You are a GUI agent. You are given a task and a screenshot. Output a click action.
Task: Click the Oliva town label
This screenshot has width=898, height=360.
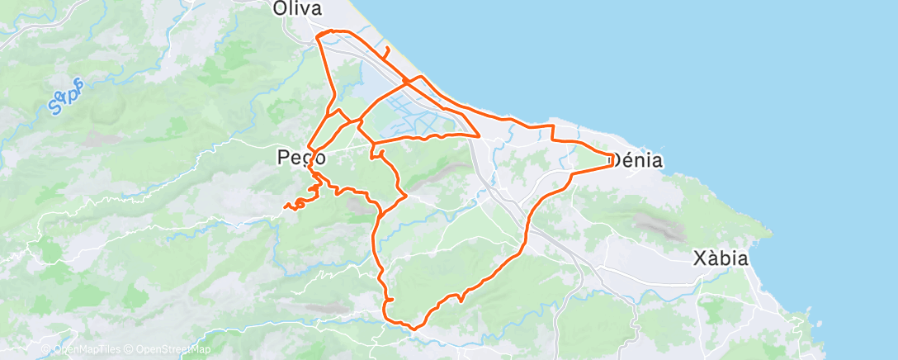(297, 8)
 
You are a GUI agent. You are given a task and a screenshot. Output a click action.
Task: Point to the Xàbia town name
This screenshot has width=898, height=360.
(720, 258)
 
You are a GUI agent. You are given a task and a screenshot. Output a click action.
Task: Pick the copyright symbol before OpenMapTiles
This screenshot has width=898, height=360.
(45, 349)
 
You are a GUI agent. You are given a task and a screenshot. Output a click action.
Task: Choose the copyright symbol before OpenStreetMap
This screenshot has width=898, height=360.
(130, 349)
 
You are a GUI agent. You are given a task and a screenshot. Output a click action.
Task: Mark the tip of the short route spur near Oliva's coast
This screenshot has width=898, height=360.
(386, 40)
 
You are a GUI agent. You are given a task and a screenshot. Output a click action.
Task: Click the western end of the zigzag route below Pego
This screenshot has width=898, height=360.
(285, 206)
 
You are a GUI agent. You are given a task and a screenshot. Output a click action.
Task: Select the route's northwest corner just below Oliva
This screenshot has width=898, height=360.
(319, 34)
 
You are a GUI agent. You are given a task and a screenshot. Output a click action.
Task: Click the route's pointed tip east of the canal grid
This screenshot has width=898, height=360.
(480, 135)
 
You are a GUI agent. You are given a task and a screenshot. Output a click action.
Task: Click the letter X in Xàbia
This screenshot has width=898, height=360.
(698, 258)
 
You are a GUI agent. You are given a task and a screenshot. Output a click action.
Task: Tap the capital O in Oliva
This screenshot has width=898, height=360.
(280, 8)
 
